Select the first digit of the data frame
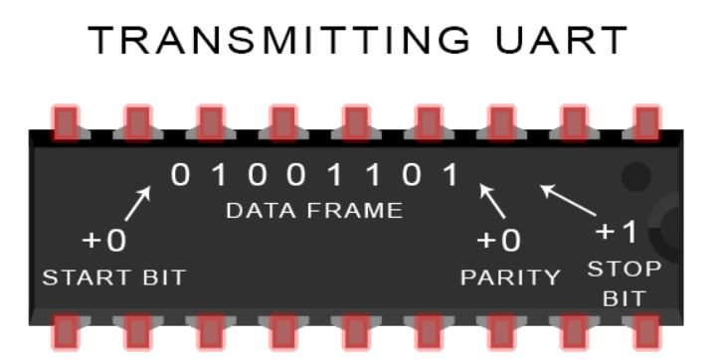coord(179,176)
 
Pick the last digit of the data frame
coord(450,176)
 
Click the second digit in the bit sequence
coord(218,176)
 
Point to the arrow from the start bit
coord(139,203)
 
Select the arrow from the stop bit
coord(567,199)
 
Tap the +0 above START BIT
coord(103,242)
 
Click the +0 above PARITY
coord(499,242)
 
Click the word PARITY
coord(510,277)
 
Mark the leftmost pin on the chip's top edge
coord(66,121)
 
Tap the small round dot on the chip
coord(635,177)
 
